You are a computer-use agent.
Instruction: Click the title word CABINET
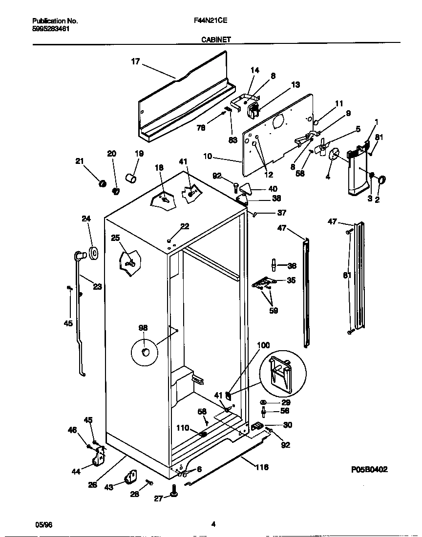(216, 40)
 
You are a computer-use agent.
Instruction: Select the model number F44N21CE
(211, 21)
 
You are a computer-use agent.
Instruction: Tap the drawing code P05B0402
(369, 470)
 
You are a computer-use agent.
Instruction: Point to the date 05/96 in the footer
(43, 524)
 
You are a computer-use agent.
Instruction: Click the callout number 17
(135, 61)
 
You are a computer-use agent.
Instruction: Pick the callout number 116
(262, 467)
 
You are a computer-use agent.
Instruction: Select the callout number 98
(143, 328)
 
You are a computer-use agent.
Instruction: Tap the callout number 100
(263, 346)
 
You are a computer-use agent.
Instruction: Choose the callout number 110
(183, 427)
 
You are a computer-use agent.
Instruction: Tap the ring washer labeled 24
(93, 252)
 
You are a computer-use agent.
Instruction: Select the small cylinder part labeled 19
(131, 178)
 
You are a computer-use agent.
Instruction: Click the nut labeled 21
(103, 183)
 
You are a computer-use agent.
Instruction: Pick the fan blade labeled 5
(320, 148)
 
